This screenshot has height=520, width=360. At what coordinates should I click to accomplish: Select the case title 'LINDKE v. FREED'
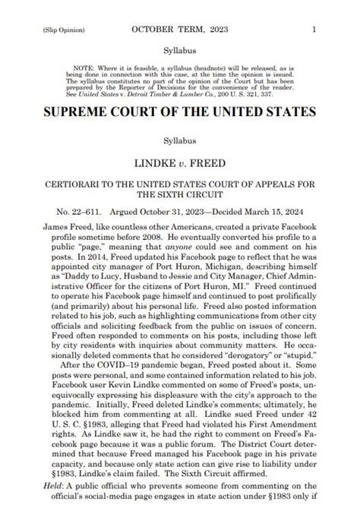click(179, 163)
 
